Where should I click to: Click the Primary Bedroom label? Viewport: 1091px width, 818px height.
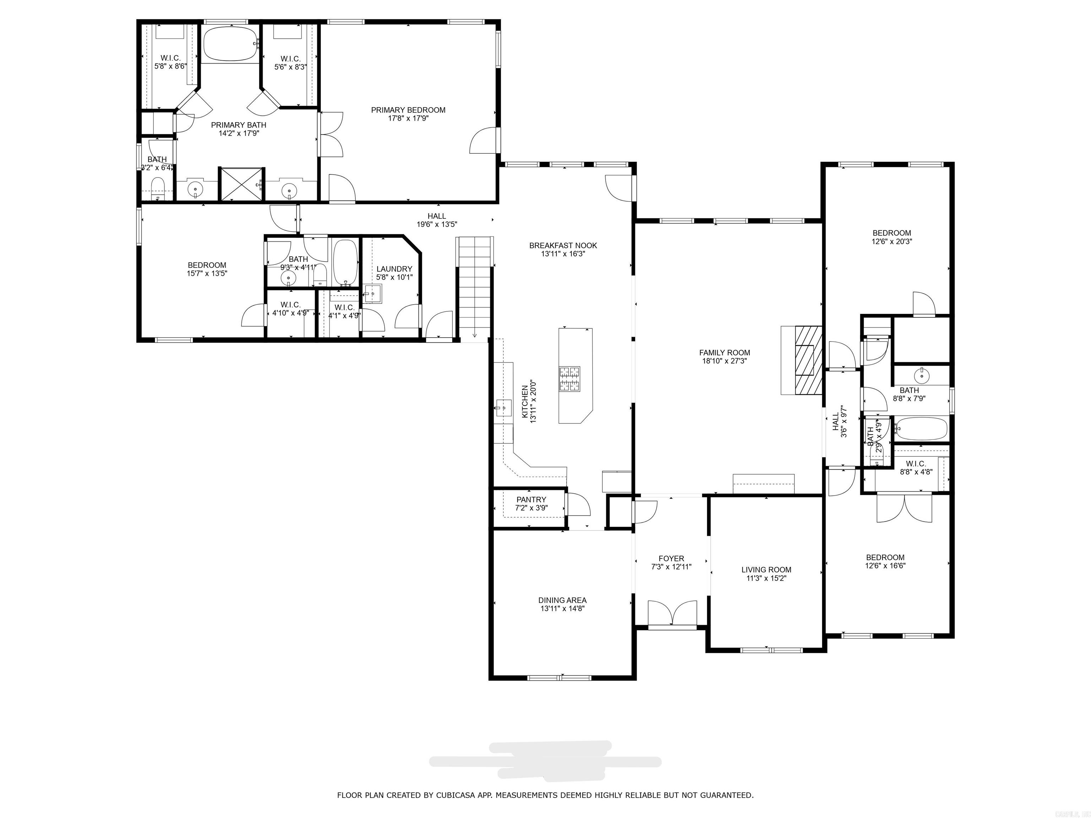point(408,110)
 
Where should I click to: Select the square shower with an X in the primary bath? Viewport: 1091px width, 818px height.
point(241,184)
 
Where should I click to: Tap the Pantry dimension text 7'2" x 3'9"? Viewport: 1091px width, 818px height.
point(531,508)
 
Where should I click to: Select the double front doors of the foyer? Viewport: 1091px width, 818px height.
point(672,614)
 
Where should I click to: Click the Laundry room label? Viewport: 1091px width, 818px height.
point(394,269)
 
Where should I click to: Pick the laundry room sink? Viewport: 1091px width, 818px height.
point(373,294)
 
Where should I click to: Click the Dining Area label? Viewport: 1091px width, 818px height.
point(562,600)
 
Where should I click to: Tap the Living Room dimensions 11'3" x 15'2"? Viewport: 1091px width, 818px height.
point(766,578)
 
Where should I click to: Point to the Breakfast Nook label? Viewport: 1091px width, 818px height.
point(563,246)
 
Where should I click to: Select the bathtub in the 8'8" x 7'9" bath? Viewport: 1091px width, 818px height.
point(921,429)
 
